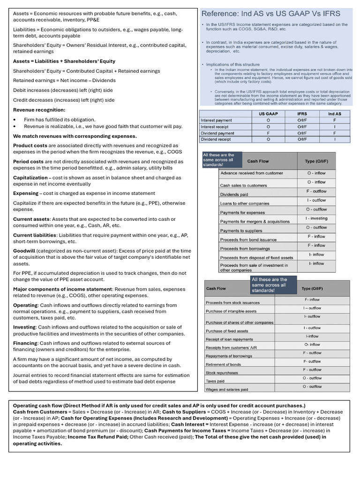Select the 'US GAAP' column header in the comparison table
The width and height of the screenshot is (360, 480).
pyautogui.click(x=268, y=113)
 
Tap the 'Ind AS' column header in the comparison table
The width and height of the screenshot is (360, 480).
pyautogui.click(x=334, y=113)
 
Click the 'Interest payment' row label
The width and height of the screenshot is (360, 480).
pyautogui.click(x=216, y=120)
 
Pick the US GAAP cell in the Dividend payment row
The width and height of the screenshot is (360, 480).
pyautogui.click(x=268, y=133)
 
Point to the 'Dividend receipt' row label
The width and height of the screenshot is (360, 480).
pyautogui.click(x=216, y=139)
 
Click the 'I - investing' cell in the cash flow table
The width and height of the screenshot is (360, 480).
pyautogui.click(x=316, y=218)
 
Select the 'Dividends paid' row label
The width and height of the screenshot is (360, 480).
pyautogui.click(x=234, y=195)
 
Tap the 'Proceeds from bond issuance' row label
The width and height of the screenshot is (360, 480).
pyautogui.click(x=248, y=240)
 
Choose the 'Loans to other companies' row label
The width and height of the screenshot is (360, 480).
pyautogui.click(x=245, y=203)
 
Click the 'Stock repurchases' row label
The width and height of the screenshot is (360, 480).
pyautogui.click(x=222, y=373)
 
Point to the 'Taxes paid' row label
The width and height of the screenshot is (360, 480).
pyautogui.click(x=215, y=381)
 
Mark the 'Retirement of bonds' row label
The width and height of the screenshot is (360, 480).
pyautogui.click(x=223, y=364)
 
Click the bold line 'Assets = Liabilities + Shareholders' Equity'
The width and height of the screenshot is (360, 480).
pyautogui.click(x=64, y=61)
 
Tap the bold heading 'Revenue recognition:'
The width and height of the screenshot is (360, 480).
pyautogui.click(x=39, y=110)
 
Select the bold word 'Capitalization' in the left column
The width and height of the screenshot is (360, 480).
pyautogui.click(x=30, y=178)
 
